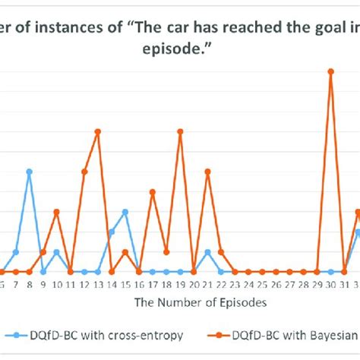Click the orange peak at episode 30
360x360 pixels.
pyautogui.click(x=330, y=71)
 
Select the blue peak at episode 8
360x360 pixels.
pyautogui.click(x=29, y=172)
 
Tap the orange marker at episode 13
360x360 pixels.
pyautogui.click(x=98, y=131)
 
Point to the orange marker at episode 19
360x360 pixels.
pyautogui.click(x=180, y=131)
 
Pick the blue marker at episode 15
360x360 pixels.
pyautogui.click(x=125, y=212)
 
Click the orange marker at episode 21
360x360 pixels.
pyautogui.click(x=207, y=172)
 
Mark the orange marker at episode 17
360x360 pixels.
pyautogui.click(x=153, y=191)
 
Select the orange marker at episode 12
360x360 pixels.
pyautogui.click(x=84, y=172)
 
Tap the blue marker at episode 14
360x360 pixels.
pyautogui.click(x=112, y=232)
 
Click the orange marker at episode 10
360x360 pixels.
pyautogui.click(x=57, y=212)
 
